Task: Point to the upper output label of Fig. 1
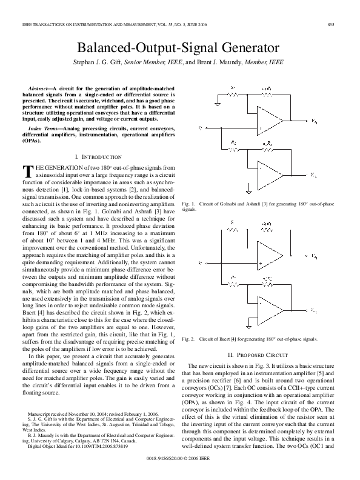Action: [x=313, y=121]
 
